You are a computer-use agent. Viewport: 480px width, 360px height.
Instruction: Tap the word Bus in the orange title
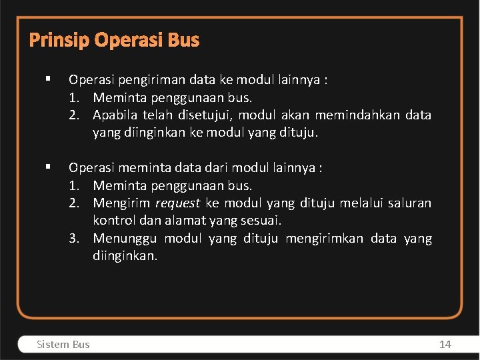183,41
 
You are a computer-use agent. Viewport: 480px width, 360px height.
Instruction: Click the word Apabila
116,115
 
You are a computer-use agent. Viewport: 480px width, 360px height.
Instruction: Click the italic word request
177,203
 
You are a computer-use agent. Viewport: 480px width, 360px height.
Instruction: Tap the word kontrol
114,220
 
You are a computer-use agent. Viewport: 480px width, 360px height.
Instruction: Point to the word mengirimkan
323,238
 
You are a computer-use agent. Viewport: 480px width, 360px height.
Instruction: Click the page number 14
445,344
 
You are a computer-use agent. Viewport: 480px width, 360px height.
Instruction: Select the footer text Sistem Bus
63,344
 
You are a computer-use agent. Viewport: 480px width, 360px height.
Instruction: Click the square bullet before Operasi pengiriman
49,79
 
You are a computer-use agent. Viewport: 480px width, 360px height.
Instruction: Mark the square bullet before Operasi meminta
49,167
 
